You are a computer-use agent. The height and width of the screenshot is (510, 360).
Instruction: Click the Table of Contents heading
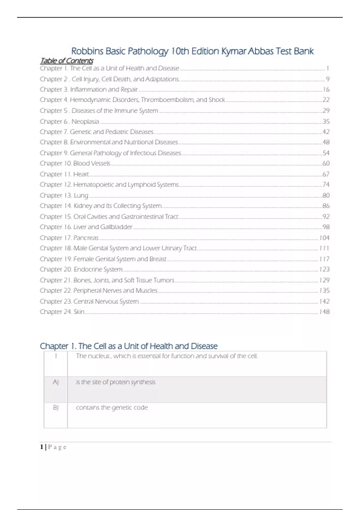67,61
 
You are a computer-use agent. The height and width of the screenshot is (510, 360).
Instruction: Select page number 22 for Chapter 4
326,100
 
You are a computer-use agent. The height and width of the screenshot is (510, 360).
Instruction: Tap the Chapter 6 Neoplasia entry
69,121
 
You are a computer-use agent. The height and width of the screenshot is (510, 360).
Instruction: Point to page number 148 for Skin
324,312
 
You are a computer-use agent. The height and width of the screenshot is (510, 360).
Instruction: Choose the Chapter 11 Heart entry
64,174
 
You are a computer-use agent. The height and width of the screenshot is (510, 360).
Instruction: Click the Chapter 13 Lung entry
64,196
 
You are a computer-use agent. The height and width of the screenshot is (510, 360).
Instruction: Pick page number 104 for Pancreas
324,238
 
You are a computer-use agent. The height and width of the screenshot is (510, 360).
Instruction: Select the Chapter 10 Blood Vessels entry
75,163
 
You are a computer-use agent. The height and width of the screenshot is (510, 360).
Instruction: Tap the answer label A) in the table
55,382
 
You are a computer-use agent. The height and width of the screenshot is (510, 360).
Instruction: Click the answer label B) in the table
55,408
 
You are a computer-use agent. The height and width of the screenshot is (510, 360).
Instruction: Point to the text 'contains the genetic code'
112,408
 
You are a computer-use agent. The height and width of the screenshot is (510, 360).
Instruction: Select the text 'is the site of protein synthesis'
115,382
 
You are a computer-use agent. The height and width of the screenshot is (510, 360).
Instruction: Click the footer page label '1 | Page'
53,447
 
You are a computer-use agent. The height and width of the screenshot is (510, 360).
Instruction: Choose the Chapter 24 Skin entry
62,312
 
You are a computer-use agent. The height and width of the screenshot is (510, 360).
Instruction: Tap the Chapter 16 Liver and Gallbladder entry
86,227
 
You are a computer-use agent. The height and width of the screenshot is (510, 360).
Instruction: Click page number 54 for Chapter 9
326,153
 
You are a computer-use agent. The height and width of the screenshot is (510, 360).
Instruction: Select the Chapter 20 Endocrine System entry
81,269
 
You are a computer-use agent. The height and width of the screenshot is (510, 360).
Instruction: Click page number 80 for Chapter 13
326,196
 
